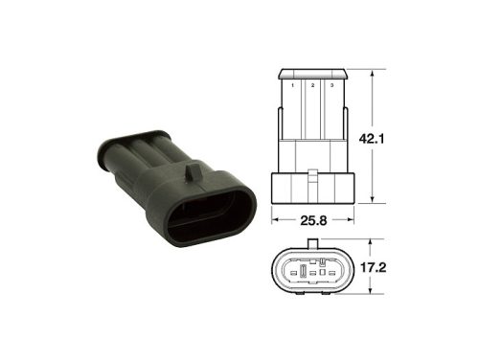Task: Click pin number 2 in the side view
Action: [x=311, y=86]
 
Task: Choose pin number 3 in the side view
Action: [x=331, y=86]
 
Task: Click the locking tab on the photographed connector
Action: [x=193, y=172]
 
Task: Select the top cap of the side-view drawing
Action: [x=312, y=73]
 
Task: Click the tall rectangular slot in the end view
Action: [x=302, y=278]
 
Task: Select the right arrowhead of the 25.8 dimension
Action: [x=351, y=219]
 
